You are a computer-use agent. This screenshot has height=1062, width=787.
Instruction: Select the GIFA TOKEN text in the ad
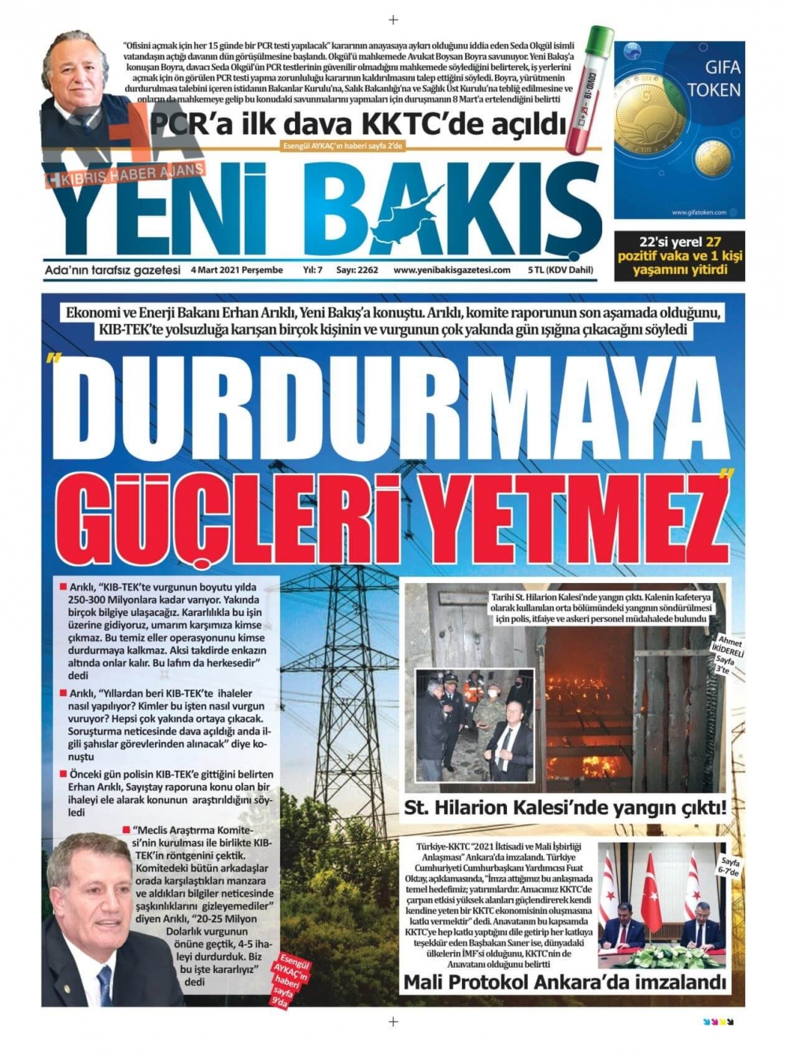713,79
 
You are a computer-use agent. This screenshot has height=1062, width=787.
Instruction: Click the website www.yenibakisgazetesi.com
452,270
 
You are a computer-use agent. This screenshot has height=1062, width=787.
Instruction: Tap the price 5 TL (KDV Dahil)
560,270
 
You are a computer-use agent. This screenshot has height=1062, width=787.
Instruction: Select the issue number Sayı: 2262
357,270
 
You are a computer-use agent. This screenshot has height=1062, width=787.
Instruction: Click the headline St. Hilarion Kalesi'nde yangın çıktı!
564,808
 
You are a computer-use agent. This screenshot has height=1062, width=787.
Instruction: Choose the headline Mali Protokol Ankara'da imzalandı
563,982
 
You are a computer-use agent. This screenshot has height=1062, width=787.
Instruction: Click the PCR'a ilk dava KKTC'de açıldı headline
358,124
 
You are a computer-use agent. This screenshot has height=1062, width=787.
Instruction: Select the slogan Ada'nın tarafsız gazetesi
113,270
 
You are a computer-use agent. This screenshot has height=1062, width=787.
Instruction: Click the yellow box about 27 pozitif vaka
679,256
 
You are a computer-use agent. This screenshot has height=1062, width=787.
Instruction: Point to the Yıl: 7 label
312,270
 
